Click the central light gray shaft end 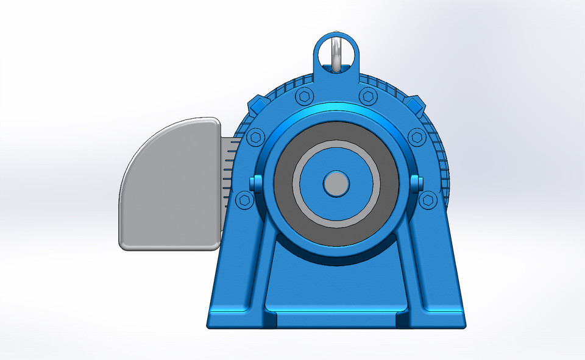pos(336,183)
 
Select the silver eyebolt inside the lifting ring pos(336,54)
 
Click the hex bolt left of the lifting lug pos(303,96)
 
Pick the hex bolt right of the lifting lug pos(367,96)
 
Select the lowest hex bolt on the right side pos(428,199)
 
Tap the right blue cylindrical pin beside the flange pos(417,182)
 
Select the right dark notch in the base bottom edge pos(402,319)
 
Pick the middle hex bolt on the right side pos(417,136)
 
